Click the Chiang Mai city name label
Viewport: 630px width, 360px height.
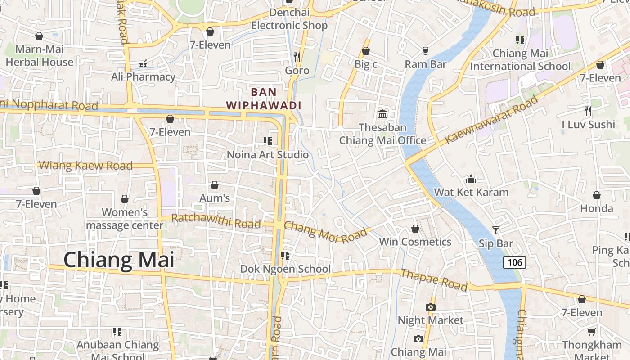(119, 260)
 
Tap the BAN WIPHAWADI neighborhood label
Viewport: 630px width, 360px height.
(263, 99)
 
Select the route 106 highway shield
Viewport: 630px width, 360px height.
(514, 262)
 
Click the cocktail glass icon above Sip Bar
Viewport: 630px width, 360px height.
(495, 230)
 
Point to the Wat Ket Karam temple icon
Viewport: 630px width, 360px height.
(471, 179)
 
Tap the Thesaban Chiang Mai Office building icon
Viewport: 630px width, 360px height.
(382, 114)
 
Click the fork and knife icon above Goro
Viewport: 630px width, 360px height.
(297, 57)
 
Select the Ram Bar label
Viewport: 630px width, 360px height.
(425, 64)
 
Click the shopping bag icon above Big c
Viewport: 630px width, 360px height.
(366, 51)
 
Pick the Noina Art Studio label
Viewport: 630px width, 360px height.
(268, 155)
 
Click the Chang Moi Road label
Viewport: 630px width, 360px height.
(325, 232)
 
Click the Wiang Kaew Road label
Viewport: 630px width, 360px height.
(85, 166)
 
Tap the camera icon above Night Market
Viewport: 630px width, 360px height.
(430, 307)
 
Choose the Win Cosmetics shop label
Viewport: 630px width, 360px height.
(415, 242)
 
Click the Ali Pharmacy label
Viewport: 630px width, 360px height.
(143, 77)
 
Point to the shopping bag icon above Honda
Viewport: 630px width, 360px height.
(596, 195)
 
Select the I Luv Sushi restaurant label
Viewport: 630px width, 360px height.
(588, 124)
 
